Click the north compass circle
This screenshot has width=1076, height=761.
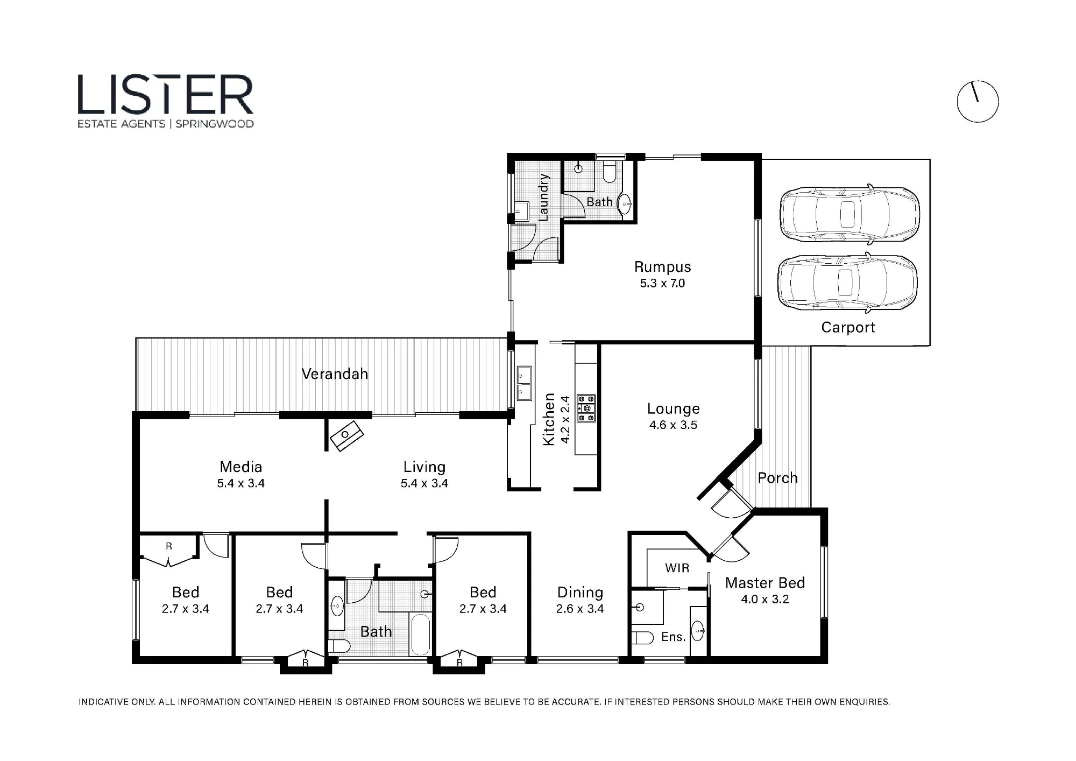(978, 102)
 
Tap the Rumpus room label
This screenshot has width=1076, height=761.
(662, 267)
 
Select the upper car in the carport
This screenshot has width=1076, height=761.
(850, 214)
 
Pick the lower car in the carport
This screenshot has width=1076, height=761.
(848, 283)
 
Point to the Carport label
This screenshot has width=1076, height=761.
(848, 327)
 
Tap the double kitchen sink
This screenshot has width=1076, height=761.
(524, 383)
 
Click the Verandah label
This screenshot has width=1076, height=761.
(335, 374)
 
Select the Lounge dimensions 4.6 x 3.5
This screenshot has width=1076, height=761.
(673, 425)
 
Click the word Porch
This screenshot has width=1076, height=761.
(777, 478)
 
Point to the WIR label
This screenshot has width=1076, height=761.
(677, 568)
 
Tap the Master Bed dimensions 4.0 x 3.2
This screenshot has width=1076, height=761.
(764, 600)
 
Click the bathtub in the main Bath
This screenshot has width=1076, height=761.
(420, 634)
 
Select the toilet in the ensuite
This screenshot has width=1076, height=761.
(642, 638)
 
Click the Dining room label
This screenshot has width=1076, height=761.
(580, 593)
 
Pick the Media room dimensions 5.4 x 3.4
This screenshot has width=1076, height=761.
(240, 483)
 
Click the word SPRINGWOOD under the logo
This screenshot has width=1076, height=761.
(215, 124)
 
